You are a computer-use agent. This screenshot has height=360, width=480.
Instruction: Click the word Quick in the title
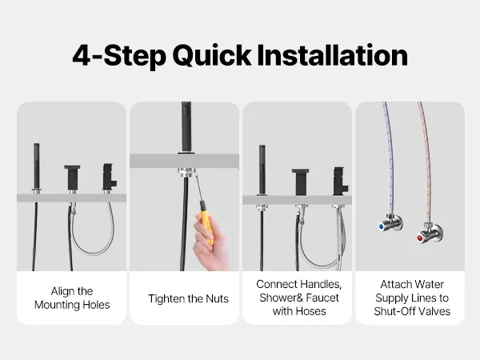pos(212,56)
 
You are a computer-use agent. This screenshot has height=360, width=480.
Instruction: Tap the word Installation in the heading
pos(333,55)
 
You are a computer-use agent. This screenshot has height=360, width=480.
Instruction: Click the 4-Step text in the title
pos(119,57)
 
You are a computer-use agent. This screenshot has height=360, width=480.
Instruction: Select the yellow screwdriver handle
pos(207,222)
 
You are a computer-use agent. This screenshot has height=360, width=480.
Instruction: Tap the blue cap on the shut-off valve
pos(382,226)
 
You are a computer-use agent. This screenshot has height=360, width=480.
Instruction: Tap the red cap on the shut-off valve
pos(420,238)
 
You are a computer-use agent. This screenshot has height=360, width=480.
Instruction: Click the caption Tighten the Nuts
pos(188,298)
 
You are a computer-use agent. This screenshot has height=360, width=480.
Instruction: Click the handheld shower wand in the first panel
pos(37,167)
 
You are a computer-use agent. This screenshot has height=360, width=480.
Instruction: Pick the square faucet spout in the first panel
pos(72,178)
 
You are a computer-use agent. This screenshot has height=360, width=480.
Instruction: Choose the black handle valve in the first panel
pos(109,178)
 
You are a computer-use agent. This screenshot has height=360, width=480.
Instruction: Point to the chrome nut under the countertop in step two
pos(186,172)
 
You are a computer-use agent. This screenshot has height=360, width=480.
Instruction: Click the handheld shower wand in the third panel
pos(262,170)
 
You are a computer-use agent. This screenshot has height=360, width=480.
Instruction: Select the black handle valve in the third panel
pos(340,182)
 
